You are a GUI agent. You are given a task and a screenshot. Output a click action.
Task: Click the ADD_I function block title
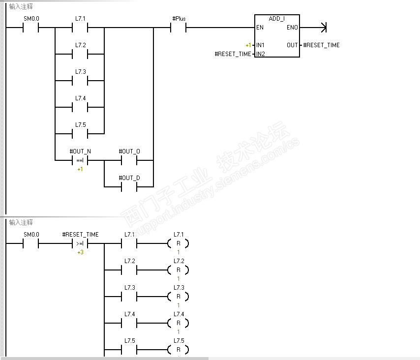[x=277, y=19]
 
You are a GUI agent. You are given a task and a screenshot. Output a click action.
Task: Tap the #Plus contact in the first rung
[x=179, y=28]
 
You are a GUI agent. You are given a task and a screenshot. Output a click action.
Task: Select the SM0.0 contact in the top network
[x=31, y=28]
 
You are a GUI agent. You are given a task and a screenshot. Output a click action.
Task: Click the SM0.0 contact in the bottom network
[x=31, y=243]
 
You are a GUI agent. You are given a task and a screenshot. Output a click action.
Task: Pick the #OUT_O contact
[x=129, y=160]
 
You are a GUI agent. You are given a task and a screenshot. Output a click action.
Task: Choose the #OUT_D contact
[x=129, y=187]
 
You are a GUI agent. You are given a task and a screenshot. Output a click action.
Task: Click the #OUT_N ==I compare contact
[x=80, y=160]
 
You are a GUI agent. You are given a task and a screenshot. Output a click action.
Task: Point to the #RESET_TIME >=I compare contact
[x=80, y=243]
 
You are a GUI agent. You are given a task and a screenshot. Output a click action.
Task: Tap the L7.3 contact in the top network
[x=80, y=81]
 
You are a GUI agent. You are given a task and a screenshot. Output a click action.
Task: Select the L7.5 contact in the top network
[x=80, y=134]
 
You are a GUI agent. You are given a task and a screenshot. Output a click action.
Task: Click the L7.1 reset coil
[x=179, y=243]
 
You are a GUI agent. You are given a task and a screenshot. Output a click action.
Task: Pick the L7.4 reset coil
[x=179, y=323]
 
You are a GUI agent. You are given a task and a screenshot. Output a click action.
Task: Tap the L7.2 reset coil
[x=179, y=270]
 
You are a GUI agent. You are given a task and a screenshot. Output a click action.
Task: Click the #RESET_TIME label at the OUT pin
[x=321, y=45]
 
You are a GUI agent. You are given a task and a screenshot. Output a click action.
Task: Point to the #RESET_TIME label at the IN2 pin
[x=233, y=54]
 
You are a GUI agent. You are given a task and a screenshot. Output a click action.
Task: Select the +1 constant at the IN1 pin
[x=248, y=45]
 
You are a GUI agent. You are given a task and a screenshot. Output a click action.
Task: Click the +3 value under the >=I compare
[x=80, y=252]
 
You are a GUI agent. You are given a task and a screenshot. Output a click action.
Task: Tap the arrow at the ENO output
[x=323, y=28]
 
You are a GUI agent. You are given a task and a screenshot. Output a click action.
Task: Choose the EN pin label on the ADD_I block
[x=259, y=28]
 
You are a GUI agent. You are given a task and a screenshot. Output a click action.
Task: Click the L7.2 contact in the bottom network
[x=129, y=270]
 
